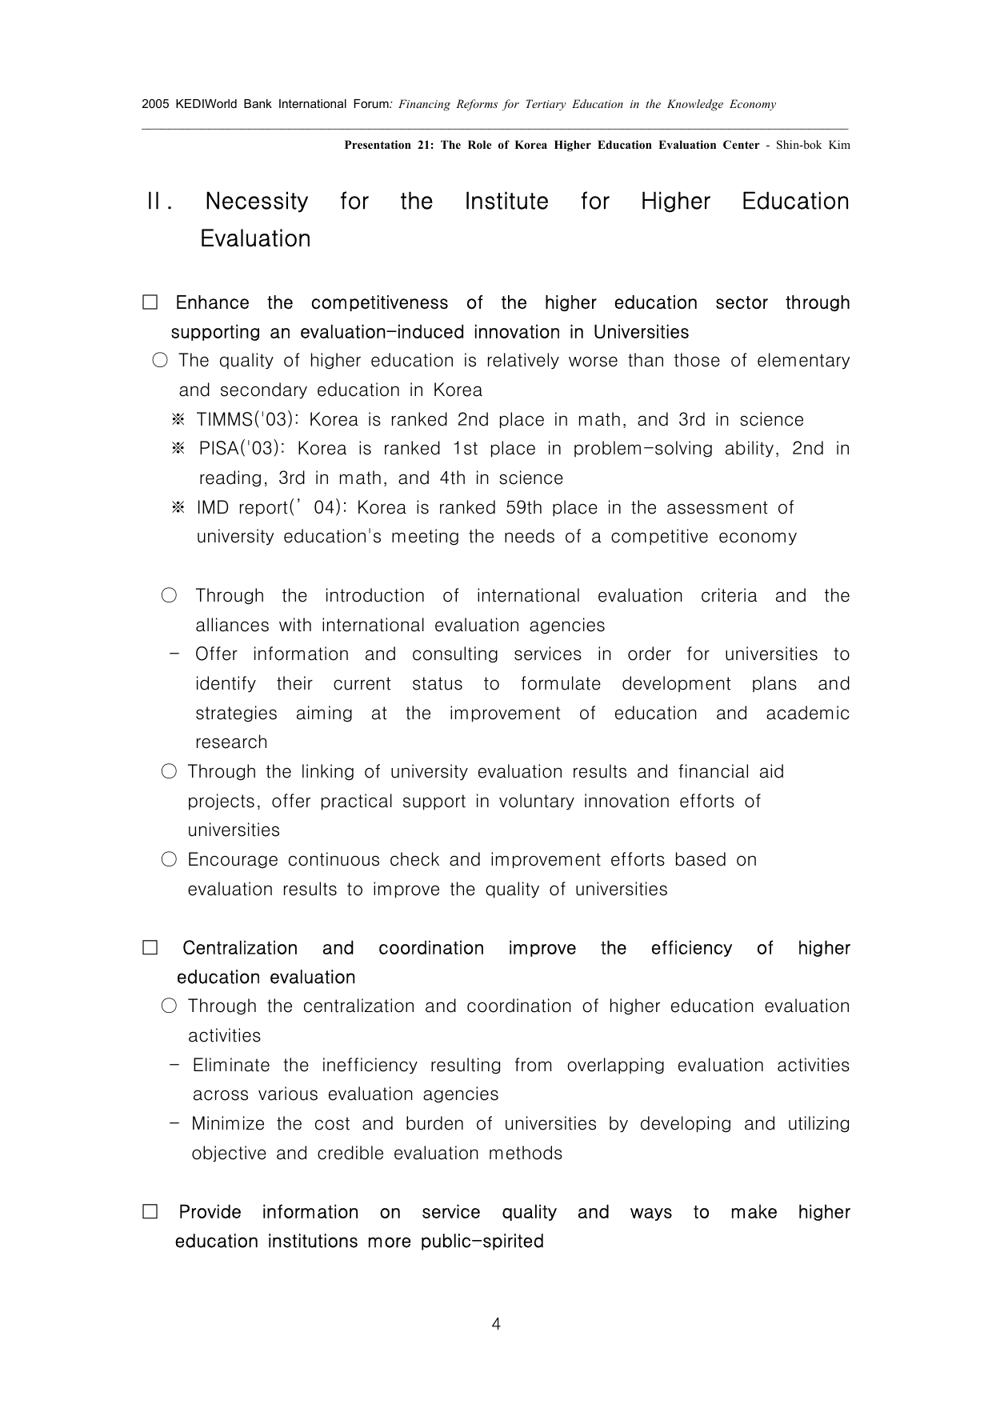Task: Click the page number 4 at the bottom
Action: pyautogui.click(x=496, y=1324)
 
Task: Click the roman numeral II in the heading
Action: pyautogui.click(x=158, y=202)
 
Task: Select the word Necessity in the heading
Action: pyautogui.click(x=256, y=202)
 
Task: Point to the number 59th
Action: pyautogui.click(x=524, y=508)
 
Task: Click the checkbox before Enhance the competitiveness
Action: pyautogui.click(x=150, y=303)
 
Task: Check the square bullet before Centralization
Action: pyautogui.click(x=150, y=948)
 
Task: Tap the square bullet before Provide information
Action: pyautogui.click(x=150, y=1212)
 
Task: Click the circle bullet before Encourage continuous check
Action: pyautogui.click(x=169, y=860)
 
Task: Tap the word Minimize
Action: pyautogui.click(x=228, y=1124)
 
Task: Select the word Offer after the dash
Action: pyautogui.click(x=216, y=654)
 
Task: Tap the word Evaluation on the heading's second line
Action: pyautogui.click(x=255, y=239)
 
